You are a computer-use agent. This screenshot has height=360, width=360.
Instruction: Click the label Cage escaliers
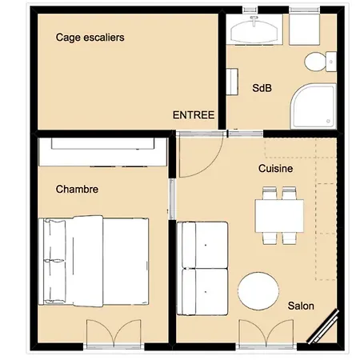point(90,37)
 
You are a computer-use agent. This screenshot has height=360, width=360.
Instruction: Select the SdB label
point(262,88)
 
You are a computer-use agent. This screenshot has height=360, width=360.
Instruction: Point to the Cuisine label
point(275,169)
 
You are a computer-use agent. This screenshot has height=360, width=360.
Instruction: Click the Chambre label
point(77,190)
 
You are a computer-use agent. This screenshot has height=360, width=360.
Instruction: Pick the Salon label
point(301,306)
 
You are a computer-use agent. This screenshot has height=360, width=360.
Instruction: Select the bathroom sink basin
point(255,32)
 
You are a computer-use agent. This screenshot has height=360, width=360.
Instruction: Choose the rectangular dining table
point(278,215)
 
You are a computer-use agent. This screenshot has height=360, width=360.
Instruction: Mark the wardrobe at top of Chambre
point(102,146)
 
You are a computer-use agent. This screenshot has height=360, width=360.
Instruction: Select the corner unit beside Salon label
point(326,328)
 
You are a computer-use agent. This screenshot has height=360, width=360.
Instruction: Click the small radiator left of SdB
point(233,82)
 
